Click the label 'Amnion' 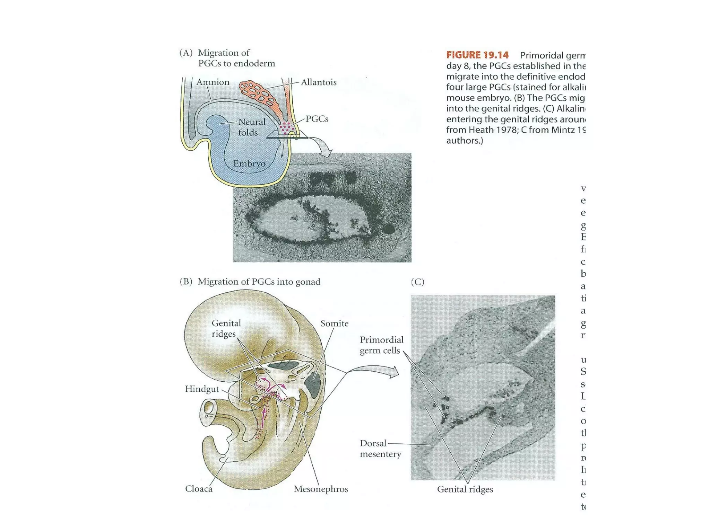tap(213, 82)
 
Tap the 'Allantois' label tap(318, 82)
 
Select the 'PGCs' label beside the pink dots tap(317, 119)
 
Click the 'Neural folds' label tap(251, 127)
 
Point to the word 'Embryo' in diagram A tap(249, 163)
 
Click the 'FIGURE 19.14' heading tap(477, 55)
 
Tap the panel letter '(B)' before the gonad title tap(186, 282)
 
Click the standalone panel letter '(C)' tap(417, 282)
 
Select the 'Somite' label tap(334, 323)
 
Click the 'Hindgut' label tap(202, 389)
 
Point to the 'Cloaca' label tap(199, 489)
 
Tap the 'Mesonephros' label tap(321, 489)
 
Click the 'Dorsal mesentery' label tap(380, 449)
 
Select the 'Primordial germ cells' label tap(381, 345)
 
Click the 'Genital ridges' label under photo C tap(465, 489)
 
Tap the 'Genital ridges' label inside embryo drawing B tap(226, 328)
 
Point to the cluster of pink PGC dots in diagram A tap(287, 127)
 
